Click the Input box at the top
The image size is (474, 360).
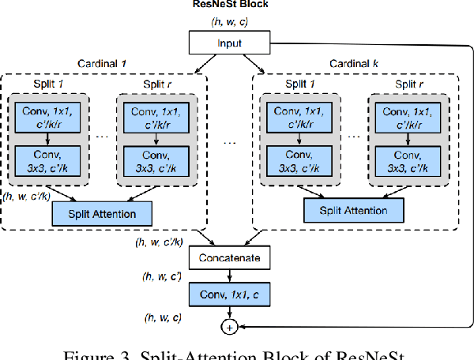(x=230, y=43)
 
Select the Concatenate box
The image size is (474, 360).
(x=230, y=258)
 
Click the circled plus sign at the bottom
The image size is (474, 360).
(x=230, y=325)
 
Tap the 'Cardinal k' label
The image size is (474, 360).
(x=355, y=63)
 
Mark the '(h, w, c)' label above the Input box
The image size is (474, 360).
(x=230, y=22)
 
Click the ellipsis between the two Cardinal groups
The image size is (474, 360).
(x=230, y=142)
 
